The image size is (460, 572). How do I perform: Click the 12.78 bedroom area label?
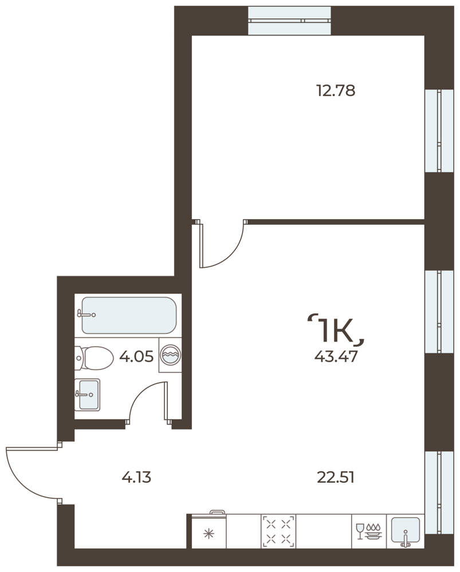tap(336, 90)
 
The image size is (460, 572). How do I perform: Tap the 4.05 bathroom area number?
tap(136, 356)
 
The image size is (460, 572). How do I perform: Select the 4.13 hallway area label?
tap(136, 477)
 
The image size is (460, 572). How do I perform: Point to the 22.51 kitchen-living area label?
tap(336, 477)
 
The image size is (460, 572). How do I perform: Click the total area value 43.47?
tap(336, 356)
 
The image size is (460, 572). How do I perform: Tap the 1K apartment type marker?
tap(336, 330)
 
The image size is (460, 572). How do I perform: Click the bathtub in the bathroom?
tap(129, 315)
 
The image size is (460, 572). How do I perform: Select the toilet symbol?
tap(94, 358)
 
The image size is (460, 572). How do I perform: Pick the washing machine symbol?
tap(170, 355)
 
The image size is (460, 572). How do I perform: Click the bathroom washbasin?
tap(87, 394)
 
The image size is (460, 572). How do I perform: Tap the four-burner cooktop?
tap(278, 531)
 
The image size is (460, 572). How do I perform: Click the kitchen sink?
tap(406, 531)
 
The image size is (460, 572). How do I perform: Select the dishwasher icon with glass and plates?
tap(369, 531)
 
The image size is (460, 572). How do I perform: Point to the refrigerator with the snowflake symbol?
tap(209, 531)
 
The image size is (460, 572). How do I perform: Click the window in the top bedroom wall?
tap(289, 21)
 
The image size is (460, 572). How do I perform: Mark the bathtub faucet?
tap(87, 313)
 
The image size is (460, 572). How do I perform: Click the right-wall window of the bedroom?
tap(439, 130)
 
